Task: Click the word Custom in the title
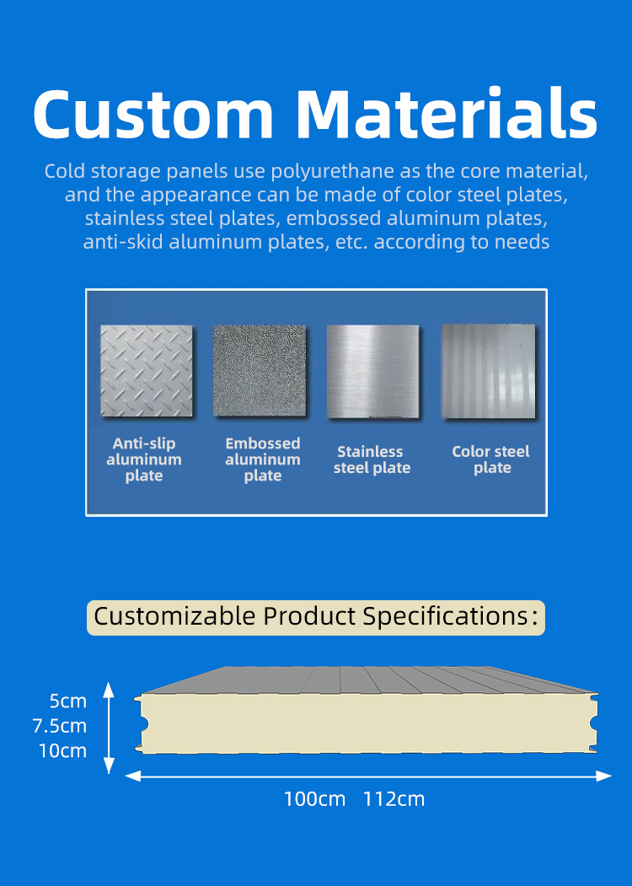point(153,114)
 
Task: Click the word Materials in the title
point(447,112)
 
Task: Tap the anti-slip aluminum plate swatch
point(147,371)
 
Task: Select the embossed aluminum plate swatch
point(260,371)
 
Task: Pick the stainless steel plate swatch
point(372,371)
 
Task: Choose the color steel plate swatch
point(489,371)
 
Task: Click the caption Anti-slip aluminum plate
point(144,459)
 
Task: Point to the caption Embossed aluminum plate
point(263,459)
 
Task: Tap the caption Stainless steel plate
point(372,459)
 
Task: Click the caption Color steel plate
point(490,459)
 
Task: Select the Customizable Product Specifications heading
point(316,617)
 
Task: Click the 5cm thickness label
point(67,701)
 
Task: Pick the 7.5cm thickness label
point(60,726)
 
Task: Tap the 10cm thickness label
point(62,751)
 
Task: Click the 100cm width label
point(314,799)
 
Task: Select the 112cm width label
point(394,799)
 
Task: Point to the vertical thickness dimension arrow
point(109,728)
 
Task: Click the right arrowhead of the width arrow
point(604,776)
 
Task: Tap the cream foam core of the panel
point(367,723)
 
